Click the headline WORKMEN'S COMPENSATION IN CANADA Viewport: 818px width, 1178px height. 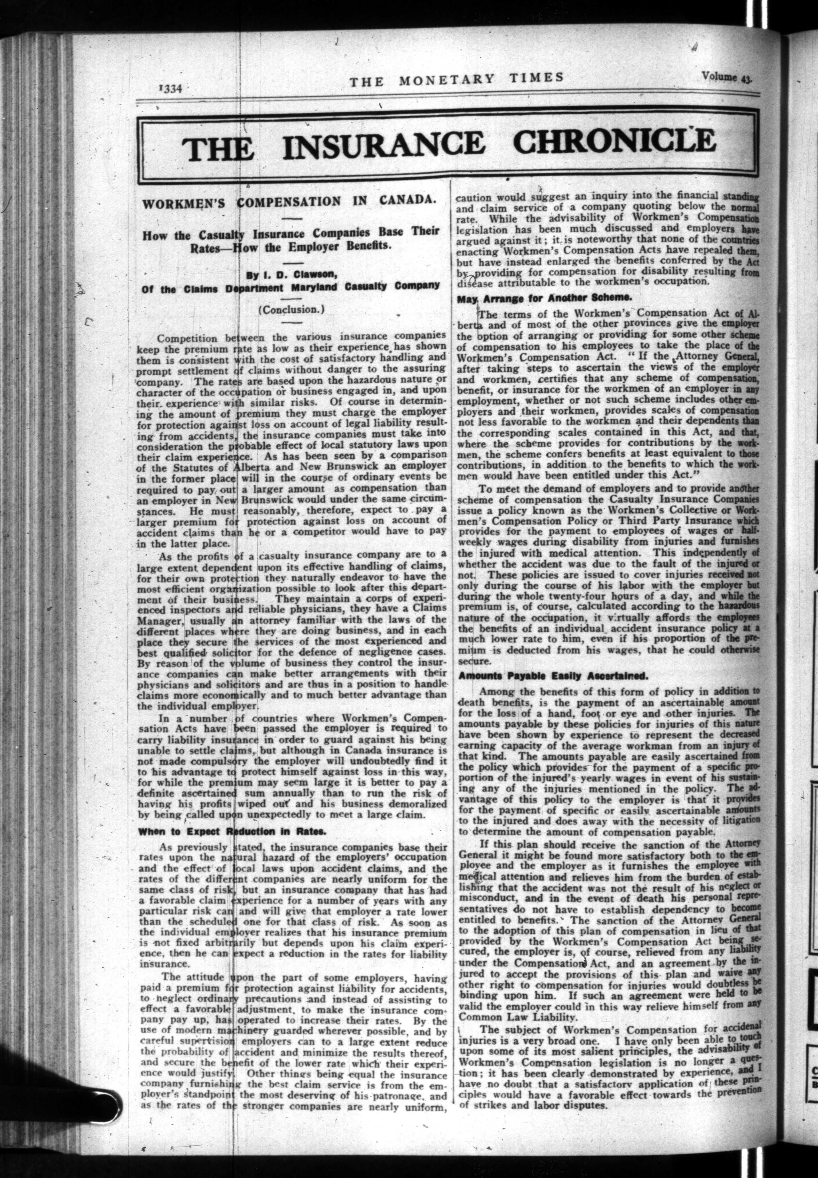tap(289, 201)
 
